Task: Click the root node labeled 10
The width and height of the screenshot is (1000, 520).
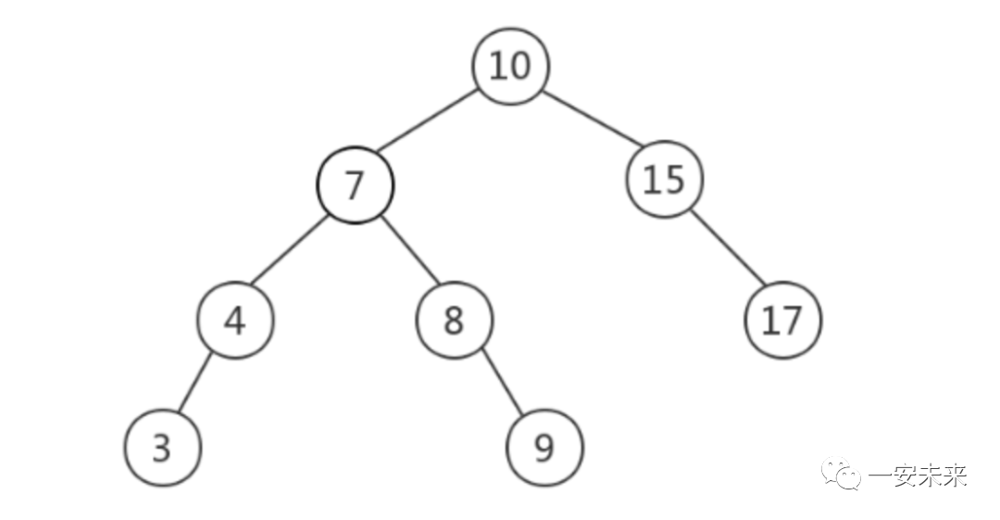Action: [x=510, y=67]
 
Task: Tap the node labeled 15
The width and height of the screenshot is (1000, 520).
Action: [x=664, y=179]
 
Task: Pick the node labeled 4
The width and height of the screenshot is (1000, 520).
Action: [x=235, y=321]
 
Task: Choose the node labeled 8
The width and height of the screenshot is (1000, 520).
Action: [x=454, y=321]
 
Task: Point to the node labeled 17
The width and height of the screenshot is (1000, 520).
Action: [x=782, y=321]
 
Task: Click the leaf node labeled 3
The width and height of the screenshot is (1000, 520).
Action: [x=162, y=448]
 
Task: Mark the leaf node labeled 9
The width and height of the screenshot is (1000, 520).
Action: [x=544, y=448]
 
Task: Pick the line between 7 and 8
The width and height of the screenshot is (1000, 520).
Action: [x=408, y=250]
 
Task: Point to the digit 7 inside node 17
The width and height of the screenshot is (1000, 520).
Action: [x=794, y=321]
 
